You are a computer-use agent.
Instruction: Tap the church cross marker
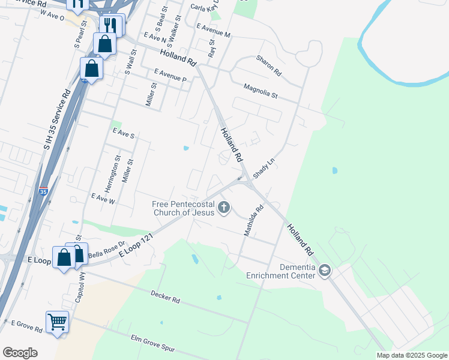[224, 208]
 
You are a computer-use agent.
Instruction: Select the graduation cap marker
[325, 271]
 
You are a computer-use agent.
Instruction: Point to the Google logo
[20, 353]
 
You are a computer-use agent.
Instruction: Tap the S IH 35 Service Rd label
[58, 120]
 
